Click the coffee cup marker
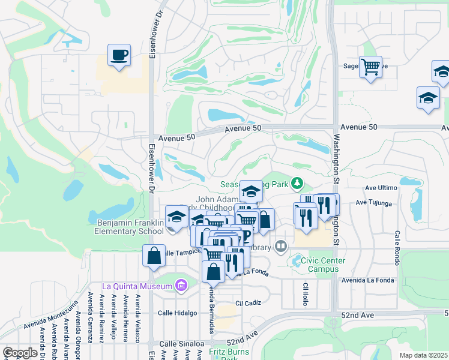click(119, 56)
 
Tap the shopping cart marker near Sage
click(370, 67)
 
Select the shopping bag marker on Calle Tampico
click(154, 256)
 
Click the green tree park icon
click(296, 182)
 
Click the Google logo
click(20, 353)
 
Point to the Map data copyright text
click(423, 355)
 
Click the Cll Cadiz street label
click(250, 303)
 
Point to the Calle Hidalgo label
click(177, 313)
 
